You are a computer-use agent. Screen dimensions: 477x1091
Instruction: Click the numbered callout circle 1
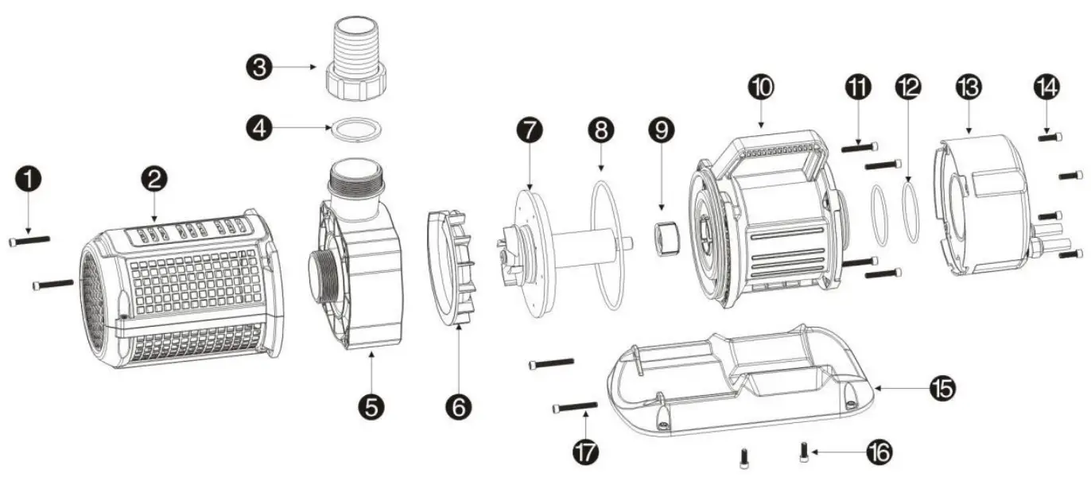28,180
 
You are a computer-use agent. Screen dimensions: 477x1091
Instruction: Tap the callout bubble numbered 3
257,68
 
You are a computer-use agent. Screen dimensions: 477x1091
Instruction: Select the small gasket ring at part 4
355,128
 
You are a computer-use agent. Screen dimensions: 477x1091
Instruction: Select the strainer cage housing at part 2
183,294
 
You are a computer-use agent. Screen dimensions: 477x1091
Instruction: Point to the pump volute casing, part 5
358,270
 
